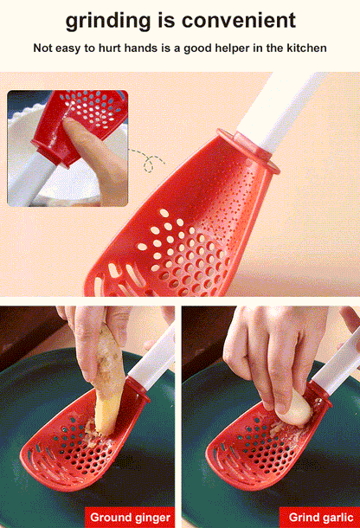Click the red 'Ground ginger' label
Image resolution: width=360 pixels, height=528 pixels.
click(x=130, y=518)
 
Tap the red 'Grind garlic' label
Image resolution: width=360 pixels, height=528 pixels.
click(x=316, y=518)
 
